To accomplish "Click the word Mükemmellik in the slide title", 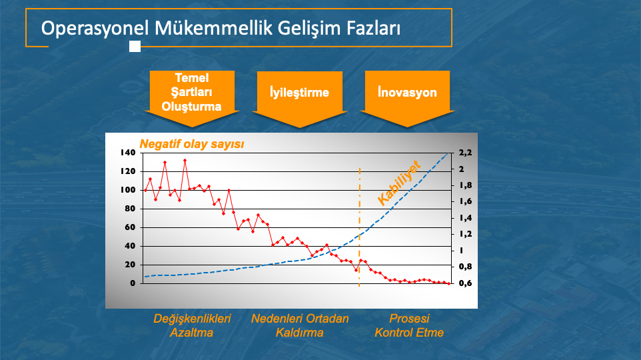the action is click(213, 28).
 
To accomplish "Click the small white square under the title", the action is click(135, 46).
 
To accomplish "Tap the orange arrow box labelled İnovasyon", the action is click(407, 99).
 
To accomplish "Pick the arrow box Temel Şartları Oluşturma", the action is click(192, 99).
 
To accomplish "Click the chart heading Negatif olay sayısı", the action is click(192, 144).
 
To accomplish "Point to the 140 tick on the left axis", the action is click(127, 153).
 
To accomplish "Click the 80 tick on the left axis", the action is click(130, 209).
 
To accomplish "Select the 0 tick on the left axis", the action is click(133, 283).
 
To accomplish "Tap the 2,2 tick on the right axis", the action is click(465, 153).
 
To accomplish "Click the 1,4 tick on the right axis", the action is click(465, 218).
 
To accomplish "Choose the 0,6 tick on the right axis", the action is click(465, 283).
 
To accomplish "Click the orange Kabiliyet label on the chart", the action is click(398, 183).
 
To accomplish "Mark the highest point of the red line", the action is click(185, 161).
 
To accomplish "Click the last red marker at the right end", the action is click(449, 283).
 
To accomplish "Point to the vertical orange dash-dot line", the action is click(360, 227).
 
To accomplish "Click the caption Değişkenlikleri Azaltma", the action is click(192, 325).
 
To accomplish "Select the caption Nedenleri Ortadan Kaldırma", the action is click(300, 325).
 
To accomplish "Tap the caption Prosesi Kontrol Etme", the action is click(409, 325).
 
